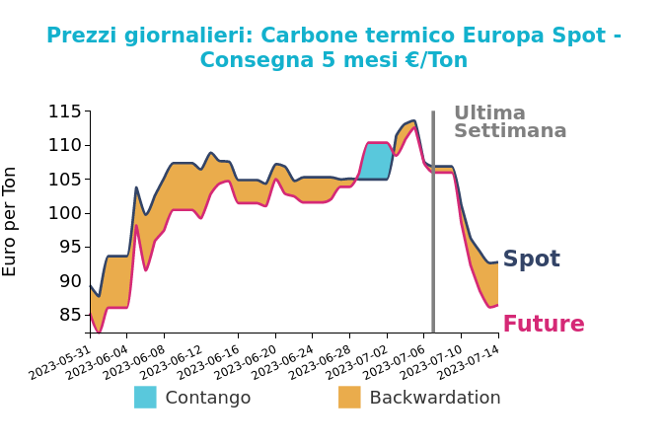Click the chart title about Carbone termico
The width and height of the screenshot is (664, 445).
click(333, 48)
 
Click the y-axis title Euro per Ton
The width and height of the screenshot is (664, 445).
click(11, 221)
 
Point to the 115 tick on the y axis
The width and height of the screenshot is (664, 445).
click(65, 111)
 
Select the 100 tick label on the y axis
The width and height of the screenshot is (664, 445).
click(65, 213)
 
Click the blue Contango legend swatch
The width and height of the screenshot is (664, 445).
click(145, 398)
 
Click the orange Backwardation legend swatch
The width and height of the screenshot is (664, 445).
click(349, 398)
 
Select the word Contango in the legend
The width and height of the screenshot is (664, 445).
click(207, 399)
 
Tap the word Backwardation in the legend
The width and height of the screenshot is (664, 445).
click(434, 399)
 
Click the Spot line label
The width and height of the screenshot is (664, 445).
click(531, 260)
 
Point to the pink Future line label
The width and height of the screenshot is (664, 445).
click(543, 325)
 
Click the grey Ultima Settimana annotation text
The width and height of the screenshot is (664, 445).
click(509, 122)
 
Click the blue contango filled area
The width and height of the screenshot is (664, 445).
click(377, 161)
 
